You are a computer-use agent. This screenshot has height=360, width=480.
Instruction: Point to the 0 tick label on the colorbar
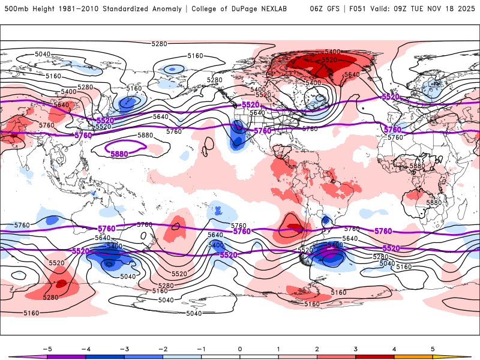tap(240, 348)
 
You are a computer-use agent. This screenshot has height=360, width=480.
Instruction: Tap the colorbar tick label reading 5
tap(433, 348)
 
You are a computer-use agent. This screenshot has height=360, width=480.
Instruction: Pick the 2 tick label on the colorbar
tap(317, 348)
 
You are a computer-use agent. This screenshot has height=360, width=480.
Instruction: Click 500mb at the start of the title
tap(14, 9)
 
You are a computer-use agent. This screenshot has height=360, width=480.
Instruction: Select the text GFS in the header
tap(337, 9)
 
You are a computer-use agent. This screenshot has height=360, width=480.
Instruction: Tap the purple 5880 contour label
tap(119, 154)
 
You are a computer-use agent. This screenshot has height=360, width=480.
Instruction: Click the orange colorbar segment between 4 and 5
tap(413, 356)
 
